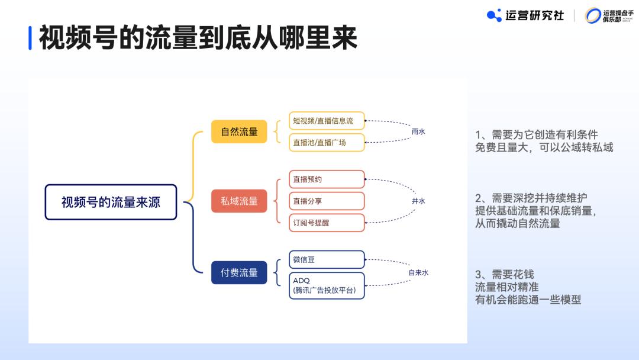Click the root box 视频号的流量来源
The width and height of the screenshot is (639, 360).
(111, 202)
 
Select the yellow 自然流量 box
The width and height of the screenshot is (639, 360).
(239, 131)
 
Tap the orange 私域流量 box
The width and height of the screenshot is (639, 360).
(239, 201)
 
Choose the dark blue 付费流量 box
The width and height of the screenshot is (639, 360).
(239, 272)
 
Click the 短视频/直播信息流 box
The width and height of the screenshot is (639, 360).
(327, 121)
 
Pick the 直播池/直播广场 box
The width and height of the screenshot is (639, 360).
(327, 142)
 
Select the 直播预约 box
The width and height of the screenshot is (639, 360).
(327, 179)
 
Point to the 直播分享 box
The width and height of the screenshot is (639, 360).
(327, 201)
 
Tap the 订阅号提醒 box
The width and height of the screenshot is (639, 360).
(327, 223)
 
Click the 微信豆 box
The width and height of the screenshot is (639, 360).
(327, 259)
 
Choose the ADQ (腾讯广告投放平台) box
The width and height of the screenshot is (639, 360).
(327, 285)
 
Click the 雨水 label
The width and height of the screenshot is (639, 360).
(418, 131)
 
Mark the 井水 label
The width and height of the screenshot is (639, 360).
(418, 201)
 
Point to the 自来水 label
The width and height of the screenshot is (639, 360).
(418, 272)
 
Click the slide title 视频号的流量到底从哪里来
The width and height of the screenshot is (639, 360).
(198, 38)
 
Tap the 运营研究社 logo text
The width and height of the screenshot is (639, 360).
(534, 15)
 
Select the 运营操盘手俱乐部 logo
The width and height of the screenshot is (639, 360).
(609, 16)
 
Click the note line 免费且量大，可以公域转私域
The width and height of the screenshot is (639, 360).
(544, 147)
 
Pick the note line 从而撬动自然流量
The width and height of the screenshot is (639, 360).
(517, 223)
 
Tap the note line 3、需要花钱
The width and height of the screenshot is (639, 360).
(505, 275)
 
